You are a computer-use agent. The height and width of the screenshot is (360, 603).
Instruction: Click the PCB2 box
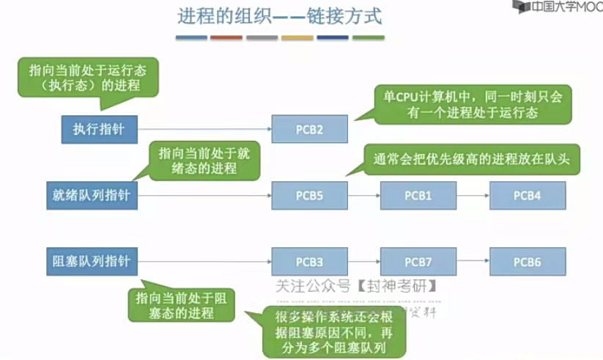(x=309, y=130)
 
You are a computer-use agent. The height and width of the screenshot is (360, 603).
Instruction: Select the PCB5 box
(x=309, y=196)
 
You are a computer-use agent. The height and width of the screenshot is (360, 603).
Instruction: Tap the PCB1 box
(x=418, y=196)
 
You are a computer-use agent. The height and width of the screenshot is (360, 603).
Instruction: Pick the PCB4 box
(x=527, y=196)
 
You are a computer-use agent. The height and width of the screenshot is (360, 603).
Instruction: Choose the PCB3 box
(x=309, y=262)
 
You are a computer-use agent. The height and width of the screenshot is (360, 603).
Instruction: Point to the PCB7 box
(x=418, y=262)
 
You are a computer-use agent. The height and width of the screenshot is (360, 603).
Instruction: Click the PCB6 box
(x=527, y=262)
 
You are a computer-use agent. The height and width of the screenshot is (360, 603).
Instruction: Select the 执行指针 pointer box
(x=99, y=130)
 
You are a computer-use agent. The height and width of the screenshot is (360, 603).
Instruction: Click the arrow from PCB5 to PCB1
(x=363, y=196)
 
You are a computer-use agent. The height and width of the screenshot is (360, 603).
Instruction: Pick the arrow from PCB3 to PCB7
(x=363, y=262)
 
